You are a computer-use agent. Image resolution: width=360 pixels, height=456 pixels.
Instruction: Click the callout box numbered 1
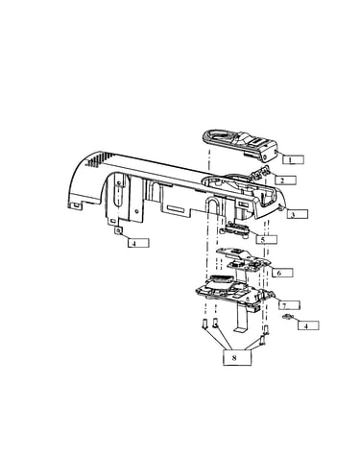point(293,159)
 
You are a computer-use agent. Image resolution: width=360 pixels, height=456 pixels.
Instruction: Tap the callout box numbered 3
point(298,214)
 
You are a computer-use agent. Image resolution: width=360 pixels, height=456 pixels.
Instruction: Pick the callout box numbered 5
point(267,239)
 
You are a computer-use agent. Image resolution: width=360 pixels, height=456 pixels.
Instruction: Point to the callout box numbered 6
point(282,273)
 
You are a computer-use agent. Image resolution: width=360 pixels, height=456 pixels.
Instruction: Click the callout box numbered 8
point(237,357)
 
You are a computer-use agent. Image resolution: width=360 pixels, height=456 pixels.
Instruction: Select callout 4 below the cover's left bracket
point(138,243)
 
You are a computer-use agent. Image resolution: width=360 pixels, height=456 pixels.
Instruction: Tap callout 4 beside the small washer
point(308,325)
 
